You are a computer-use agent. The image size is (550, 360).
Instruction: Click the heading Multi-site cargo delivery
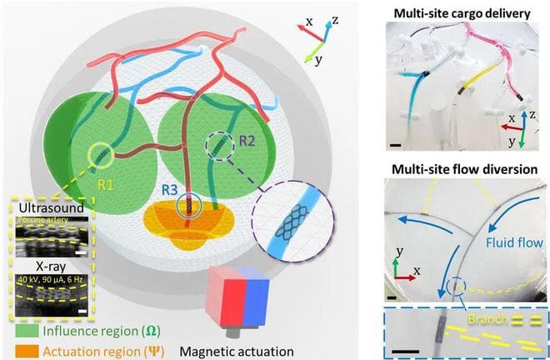tap(459, 10)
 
